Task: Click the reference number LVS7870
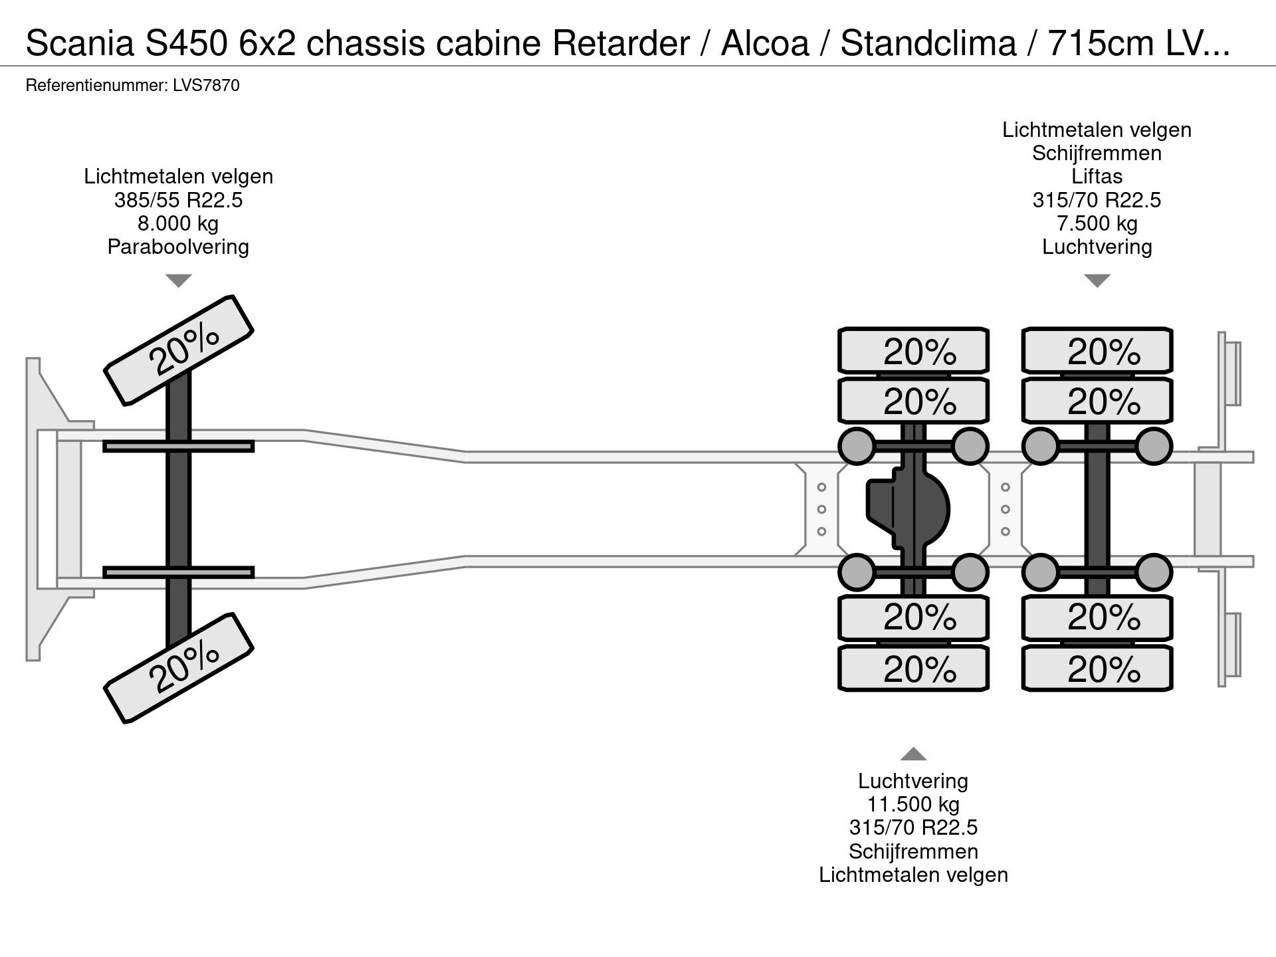(207, 86)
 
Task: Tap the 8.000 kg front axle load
(178, 223)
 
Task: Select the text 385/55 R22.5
(178, 200)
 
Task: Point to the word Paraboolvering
(178, 247)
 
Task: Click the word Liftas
(1097, 177)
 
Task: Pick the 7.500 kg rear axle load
(1097, 223)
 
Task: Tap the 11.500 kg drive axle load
(913, 804)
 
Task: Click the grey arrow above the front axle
(178, 280)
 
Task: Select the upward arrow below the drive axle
(913, 754)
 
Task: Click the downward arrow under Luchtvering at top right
(1097, 280)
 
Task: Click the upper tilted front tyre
(179, 350)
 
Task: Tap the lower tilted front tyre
(179, 668)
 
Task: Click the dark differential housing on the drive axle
(908, 510)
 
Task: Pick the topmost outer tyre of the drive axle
(913, 350)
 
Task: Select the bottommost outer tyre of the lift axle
(1097, 669)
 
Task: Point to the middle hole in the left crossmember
(821, 510)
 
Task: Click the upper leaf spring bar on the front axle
(178, 447)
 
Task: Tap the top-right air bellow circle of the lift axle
(1153, 446)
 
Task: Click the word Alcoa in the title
(765, 44)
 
